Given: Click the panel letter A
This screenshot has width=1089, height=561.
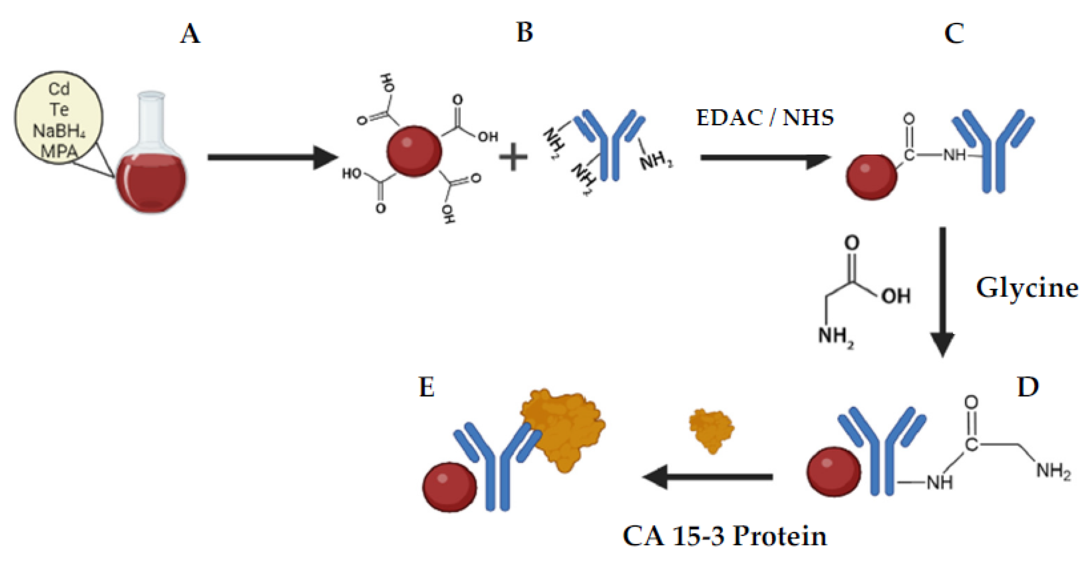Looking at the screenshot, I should (x=190, y=34).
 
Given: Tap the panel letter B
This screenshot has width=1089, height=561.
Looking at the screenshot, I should (x=525, y=33).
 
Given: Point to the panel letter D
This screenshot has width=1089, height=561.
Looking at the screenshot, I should (x=1028, y=386).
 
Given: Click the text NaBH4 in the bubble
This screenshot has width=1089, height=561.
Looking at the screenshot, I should (x=59, y=131).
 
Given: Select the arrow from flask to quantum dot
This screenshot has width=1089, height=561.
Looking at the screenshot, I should (x=273, y=157).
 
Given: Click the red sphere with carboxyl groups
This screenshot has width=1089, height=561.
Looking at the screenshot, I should (x=414, y=151).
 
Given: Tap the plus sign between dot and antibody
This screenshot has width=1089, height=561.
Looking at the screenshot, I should (x=513, y=157).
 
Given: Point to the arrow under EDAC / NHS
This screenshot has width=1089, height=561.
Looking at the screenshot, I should (x=765, y=158).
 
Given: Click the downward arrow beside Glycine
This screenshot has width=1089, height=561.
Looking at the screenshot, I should (x=943, y=292).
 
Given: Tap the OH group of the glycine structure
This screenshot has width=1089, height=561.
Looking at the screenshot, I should (x=895, y=296).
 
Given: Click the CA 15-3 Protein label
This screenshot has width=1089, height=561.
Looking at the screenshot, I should (x=724, y=536).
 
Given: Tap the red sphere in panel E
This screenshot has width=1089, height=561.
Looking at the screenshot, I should (x=449, y=487).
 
